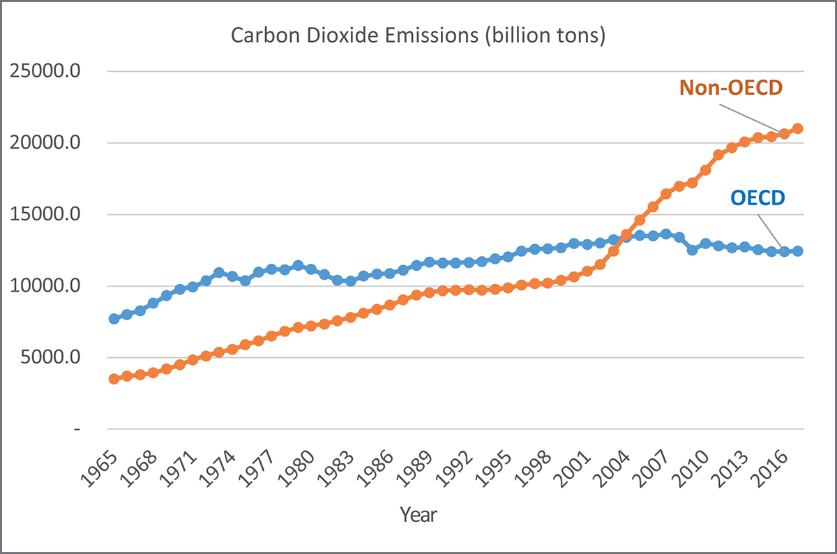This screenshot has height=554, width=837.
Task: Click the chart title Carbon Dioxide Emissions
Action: [x=418, y=36]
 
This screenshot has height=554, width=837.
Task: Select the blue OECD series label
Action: [x=758, y=198]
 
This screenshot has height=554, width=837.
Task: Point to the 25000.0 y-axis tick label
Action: [x=45, y=72]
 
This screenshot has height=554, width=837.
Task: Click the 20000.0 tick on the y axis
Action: [x=45, y=144]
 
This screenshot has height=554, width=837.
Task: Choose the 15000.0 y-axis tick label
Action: [x=45, y=215]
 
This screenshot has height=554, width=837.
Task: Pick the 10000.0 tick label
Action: [x=45, y=287]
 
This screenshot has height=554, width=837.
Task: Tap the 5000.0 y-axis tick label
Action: [x=49, y=358]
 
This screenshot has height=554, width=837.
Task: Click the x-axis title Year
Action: [x=418, y=515]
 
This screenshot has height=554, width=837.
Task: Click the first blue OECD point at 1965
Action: [x=114, y=319]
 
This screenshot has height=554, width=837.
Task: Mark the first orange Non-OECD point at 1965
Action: [x=114, y=379]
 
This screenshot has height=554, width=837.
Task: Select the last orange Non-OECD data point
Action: [x=798, y=128]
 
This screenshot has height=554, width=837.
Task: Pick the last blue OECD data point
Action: [x=798, y=251]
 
